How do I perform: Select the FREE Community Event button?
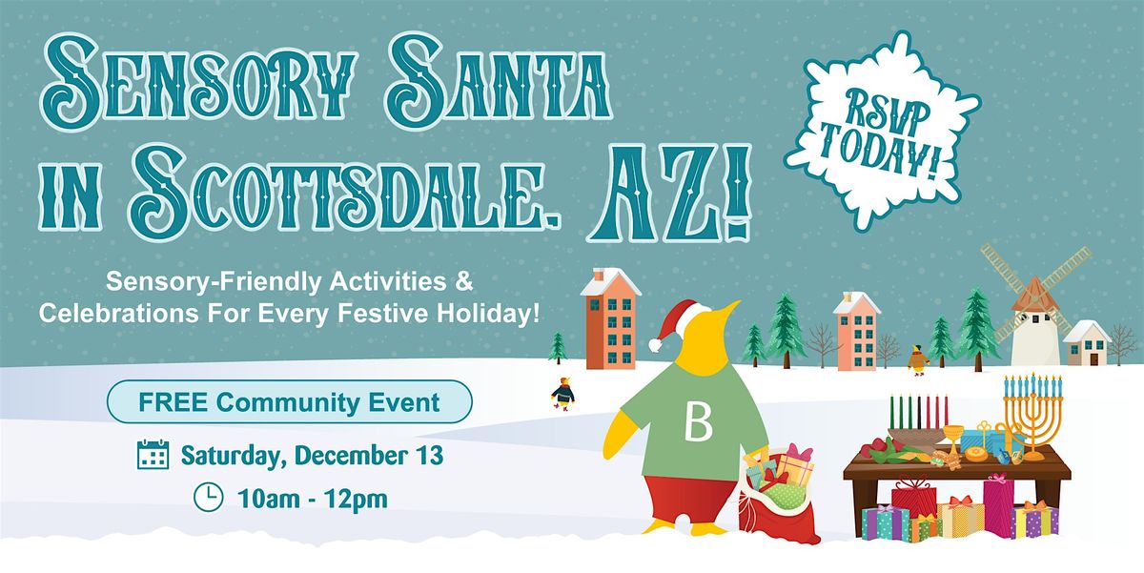pyautogui.click(x=290, y=401)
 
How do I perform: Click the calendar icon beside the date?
pyautogui.click(x=153, y=455)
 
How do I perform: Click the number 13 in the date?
pyautogui.click(x=427, y=456)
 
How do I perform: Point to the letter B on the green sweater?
pyautogui.click(x=698, y=424)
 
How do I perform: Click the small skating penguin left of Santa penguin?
pyautogui.click(x=562, y=392)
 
